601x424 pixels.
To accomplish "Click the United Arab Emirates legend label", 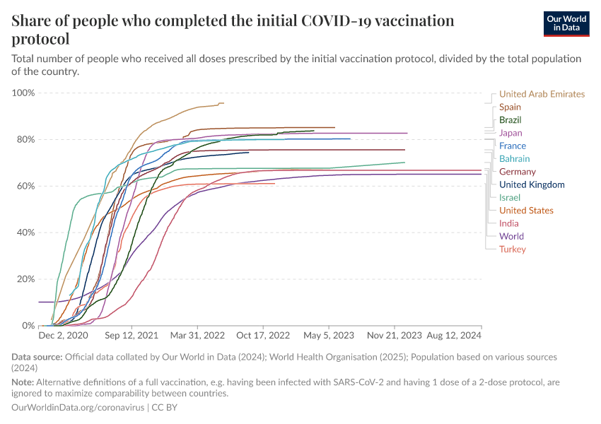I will [542, 94].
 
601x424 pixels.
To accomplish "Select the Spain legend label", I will [510, 107].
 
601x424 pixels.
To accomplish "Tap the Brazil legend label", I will [510, 120].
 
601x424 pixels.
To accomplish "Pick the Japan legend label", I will [510, 133].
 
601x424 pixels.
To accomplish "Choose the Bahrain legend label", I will [514, 159].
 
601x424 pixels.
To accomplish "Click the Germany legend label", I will [517, 172].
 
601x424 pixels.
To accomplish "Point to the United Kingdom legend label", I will [532, 184].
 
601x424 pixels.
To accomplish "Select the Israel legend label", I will [509, 197].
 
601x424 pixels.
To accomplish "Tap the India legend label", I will [508, 223].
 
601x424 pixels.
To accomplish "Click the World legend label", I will [511, 236].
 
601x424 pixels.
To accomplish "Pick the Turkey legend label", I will [512, 249].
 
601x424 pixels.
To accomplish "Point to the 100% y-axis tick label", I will [23, 93].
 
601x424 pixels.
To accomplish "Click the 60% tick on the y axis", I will [25, 186].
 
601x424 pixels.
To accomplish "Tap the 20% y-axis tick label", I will [25, 279].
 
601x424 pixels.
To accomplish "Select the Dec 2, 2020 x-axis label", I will [63, 336].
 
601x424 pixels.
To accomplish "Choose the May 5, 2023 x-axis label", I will [328, 336].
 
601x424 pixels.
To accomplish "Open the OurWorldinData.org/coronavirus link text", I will [78, 408].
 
